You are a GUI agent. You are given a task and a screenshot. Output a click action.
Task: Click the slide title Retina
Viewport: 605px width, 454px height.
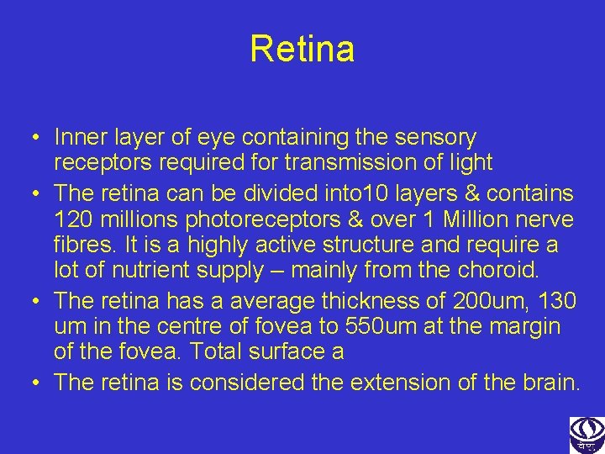point(302,49)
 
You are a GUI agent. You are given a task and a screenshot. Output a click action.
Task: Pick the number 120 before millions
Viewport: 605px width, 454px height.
point(72,219)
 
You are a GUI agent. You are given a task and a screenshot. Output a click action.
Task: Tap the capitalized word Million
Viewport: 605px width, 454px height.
point(475,219)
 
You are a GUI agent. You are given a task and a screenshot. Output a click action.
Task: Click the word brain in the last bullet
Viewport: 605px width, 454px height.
point(551,383)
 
